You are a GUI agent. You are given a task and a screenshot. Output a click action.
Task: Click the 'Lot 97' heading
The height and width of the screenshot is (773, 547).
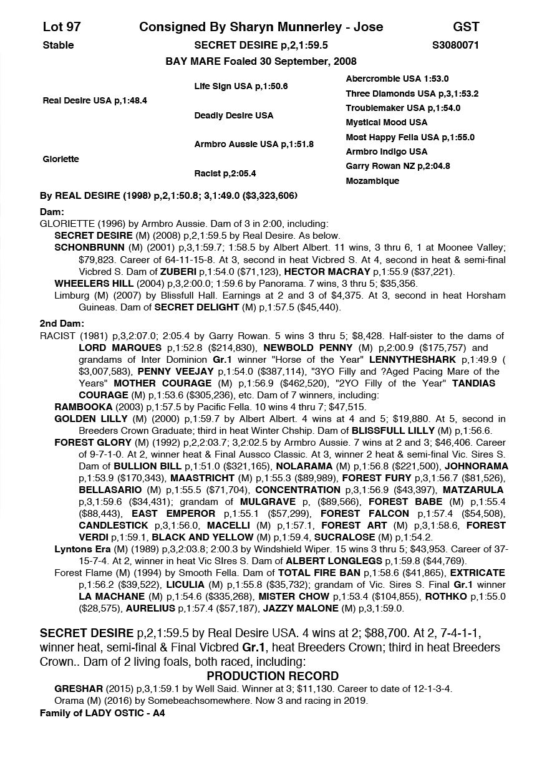click(62, 27)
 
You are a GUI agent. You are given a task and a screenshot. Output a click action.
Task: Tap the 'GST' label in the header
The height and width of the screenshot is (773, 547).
click(466, 27)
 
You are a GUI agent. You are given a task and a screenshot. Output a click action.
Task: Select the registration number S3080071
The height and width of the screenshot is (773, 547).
click(455, 45)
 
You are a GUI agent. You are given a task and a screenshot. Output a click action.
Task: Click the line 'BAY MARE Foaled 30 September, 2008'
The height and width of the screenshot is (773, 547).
click(261, 61)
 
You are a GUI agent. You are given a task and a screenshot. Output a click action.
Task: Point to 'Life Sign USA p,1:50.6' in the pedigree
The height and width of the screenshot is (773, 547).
click(241, 86)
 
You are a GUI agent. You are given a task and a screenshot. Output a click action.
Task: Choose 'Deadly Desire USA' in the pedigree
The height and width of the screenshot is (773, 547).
click(233, 115)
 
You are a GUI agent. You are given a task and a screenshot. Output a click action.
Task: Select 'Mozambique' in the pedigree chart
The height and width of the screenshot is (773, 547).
click(372, 181)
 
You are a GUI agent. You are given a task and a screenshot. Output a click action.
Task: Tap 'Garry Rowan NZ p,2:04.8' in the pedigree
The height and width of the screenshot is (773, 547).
click(398, 166)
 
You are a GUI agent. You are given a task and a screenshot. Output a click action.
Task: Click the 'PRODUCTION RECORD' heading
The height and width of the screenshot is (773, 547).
click(273, 676)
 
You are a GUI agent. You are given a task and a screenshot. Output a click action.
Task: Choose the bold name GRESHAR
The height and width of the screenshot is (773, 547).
click(77, 689)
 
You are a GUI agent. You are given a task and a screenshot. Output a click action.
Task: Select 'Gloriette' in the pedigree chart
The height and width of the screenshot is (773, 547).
click(61, 159)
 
